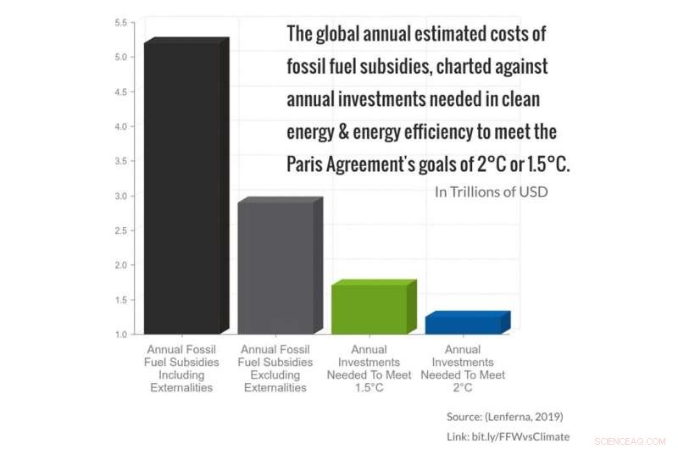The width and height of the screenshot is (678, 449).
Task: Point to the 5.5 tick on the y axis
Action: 121,22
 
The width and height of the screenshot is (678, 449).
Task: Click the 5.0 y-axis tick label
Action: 121,57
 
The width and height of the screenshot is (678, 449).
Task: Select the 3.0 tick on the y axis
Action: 121,196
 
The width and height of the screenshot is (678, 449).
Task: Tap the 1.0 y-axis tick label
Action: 121,335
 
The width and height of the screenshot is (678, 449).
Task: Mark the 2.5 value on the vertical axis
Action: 121,230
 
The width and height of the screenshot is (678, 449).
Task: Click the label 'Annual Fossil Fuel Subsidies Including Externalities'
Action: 183,369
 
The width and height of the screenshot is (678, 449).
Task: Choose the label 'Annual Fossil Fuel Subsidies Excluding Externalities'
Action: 275,369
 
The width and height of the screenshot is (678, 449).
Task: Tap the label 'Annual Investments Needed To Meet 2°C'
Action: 462,369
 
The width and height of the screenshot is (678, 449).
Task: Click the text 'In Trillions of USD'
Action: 491,191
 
